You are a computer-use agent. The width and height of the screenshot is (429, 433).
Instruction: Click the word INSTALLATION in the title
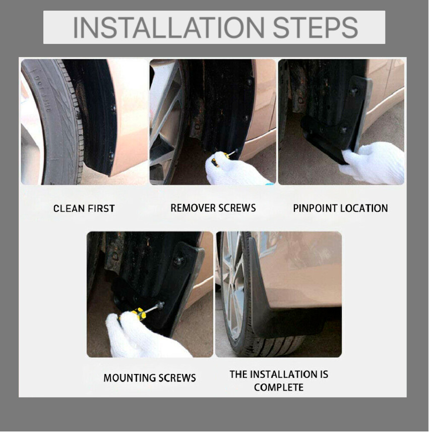click(168, 27)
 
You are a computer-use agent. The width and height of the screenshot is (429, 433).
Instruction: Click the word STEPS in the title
click(316, 27)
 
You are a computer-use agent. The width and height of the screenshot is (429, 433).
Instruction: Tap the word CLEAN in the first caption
click(69, 208)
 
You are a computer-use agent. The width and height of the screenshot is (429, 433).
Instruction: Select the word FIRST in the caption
click(101, 208)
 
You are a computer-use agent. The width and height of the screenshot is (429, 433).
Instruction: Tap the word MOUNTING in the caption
click(127, 378)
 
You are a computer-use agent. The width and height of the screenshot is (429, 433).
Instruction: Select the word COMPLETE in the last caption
click(279, 387)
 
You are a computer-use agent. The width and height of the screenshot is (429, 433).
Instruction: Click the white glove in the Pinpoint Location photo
click(373, 163)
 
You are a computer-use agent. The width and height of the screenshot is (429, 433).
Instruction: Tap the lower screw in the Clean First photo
click(111, 155)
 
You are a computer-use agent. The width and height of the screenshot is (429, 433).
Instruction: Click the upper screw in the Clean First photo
click(113, 108)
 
